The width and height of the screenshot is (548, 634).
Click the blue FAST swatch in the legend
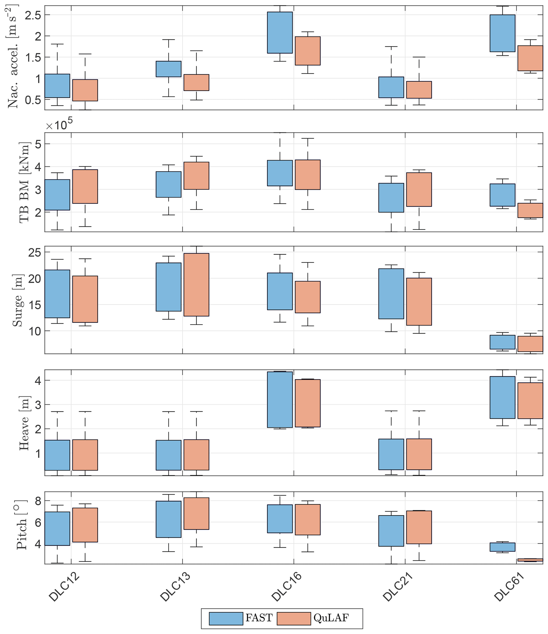click(226, 618)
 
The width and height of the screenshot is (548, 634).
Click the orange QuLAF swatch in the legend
click(293, 618)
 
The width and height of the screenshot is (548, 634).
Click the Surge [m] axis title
click(18, 301)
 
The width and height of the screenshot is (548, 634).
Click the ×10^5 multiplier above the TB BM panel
click(59, 125)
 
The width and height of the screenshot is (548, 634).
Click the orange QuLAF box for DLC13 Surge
click(196, 285)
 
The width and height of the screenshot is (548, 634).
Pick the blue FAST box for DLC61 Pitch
click(502, 547)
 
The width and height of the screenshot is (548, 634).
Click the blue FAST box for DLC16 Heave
click(280, 400)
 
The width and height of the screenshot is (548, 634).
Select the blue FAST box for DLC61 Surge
click(502, 342)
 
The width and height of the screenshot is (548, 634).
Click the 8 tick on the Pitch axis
click(38, 501)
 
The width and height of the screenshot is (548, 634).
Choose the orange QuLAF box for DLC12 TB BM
click(85, 186)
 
